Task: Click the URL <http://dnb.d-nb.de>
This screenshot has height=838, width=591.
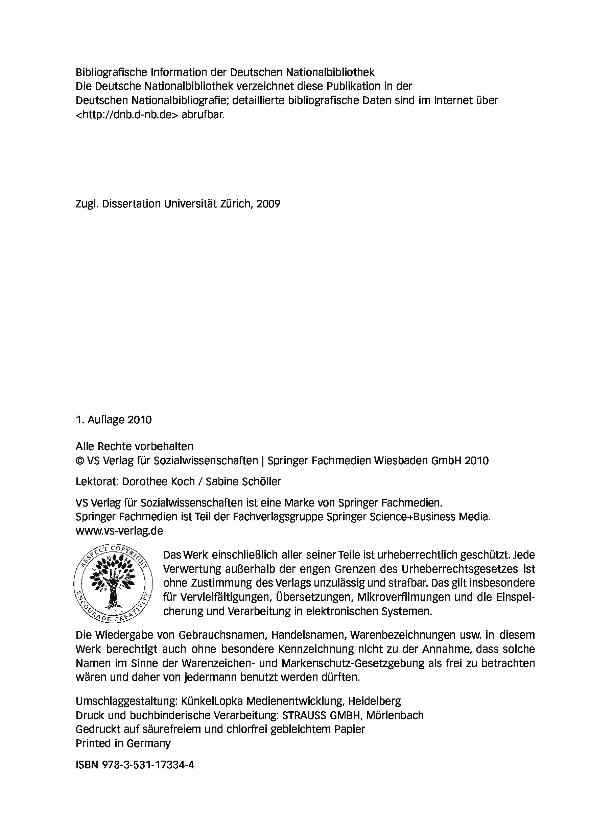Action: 127,115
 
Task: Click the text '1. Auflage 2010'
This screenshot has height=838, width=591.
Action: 114,420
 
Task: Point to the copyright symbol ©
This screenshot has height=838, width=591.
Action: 80,461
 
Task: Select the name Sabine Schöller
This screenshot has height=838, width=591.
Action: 243,482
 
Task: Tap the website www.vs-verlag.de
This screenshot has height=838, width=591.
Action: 119,531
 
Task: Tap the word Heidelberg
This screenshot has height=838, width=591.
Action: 374,701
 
